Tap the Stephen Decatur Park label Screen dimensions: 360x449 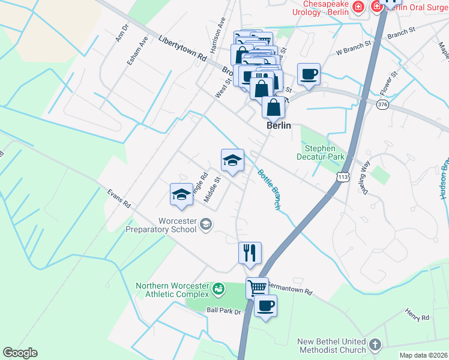tap(325, 152)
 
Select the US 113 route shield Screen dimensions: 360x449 tap(343, 178)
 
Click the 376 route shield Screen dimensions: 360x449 tap(382, 105)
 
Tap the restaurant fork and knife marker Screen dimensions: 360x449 tap(250, 253)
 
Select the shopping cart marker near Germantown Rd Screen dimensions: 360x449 tap(257, 287)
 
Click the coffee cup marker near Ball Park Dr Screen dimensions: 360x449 tap(265, 306)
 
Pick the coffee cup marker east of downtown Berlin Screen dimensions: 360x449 tap(309, 74)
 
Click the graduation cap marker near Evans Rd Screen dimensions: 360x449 tap(181, 194)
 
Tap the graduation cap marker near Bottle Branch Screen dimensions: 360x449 tap(232, 160)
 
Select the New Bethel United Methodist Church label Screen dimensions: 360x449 tap(331, 346)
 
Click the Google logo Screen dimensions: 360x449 tap(20, 353)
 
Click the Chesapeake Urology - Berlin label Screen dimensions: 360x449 tap(319, 7)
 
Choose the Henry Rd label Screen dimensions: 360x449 tap(416, 313)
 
